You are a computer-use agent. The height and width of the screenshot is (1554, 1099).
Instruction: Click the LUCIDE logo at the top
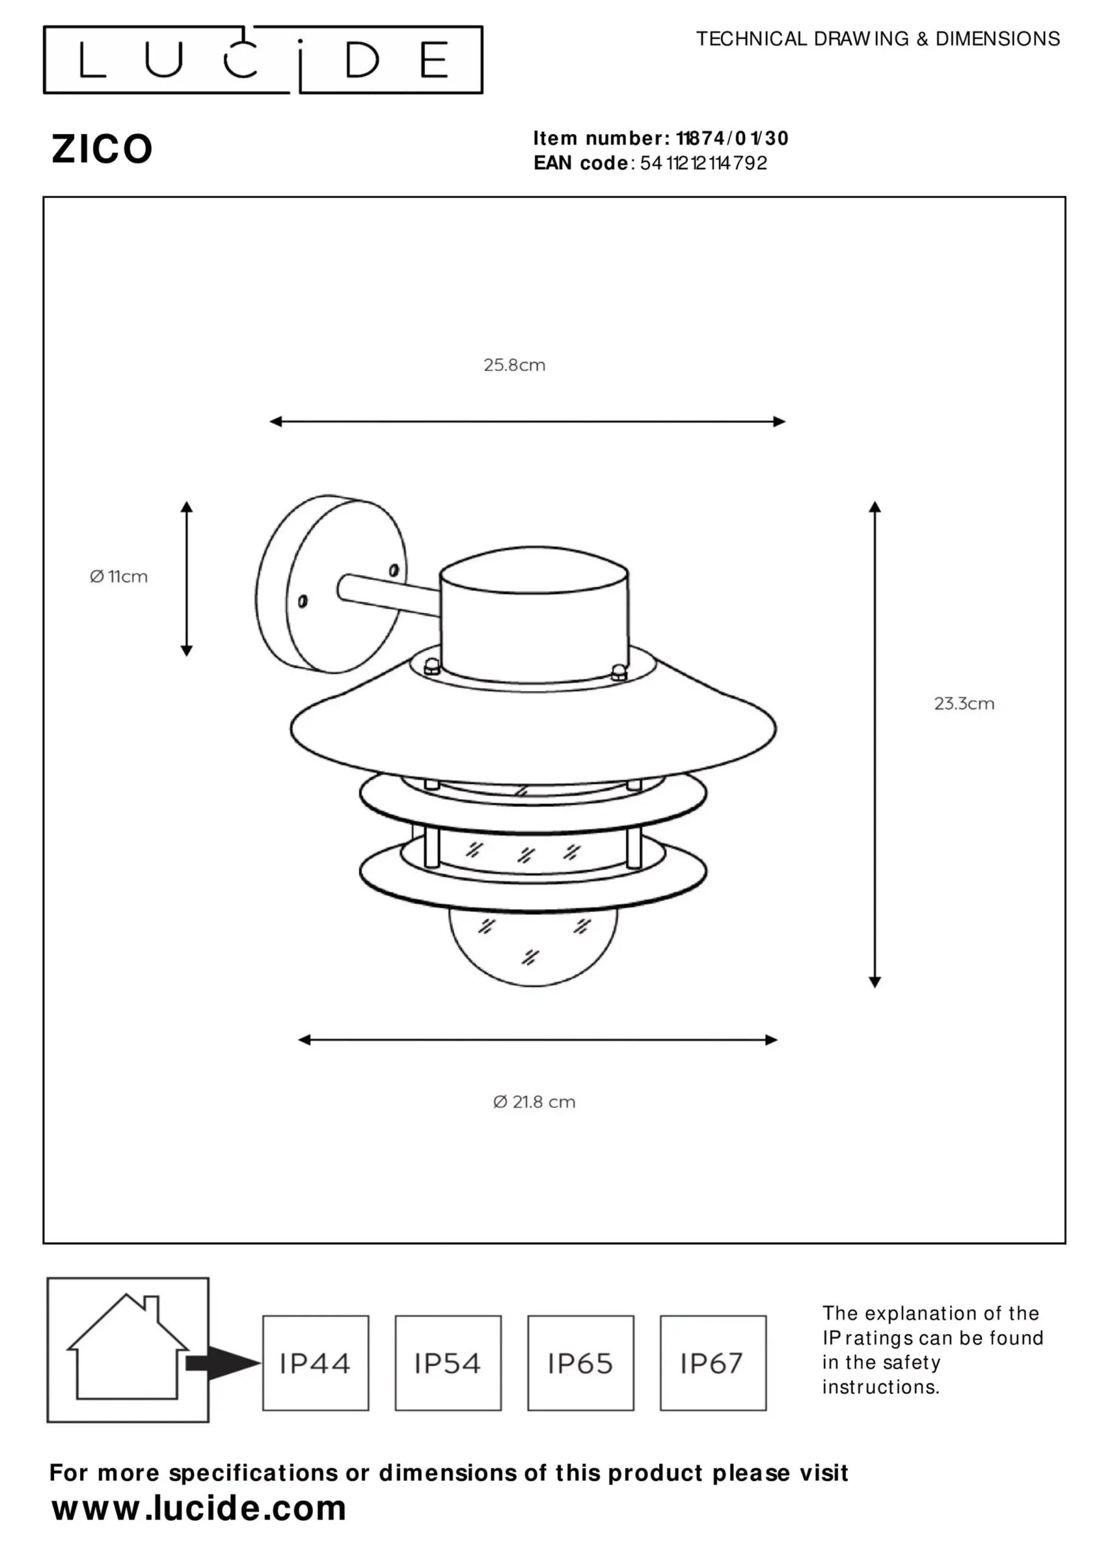point(263,59)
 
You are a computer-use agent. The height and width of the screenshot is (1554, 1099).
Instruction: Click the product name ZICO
point(102,149)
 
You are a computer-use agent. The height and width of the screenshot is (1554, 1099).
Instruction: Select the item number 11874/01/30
point(733,138)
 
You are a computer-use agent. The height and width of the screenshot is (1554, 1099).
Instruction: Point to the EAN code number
point(704,163)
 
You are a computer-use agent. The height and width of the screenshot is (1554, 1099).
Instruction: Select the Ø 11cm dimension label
point(118,576)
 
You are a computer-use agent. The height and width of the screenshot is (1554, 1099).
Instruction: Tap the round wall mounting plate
point(331,584)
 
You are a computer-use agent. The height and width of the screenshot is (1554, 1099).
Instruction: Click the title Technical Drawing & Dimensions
point(877,39)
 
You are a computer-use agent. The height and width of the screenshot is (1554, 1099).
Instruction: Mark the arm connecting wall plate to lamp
point(389,595)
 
